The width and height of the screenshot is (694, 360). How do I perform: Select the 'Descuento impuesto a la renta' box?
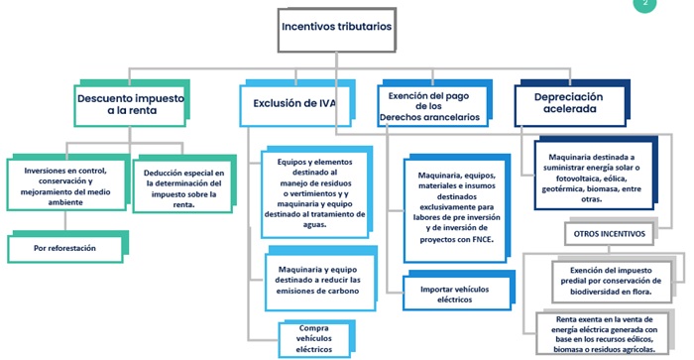[x=130, y=104]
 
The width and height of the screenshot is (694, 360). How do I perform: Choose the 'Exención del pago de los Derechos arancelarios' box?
[x=429, y=104]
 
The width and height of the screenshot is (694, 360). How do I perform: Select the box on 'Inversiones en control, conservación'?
[x=65, y=185]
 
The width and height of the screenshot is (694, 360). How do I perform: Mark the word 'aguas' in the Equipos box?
[x=313, y=226]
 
